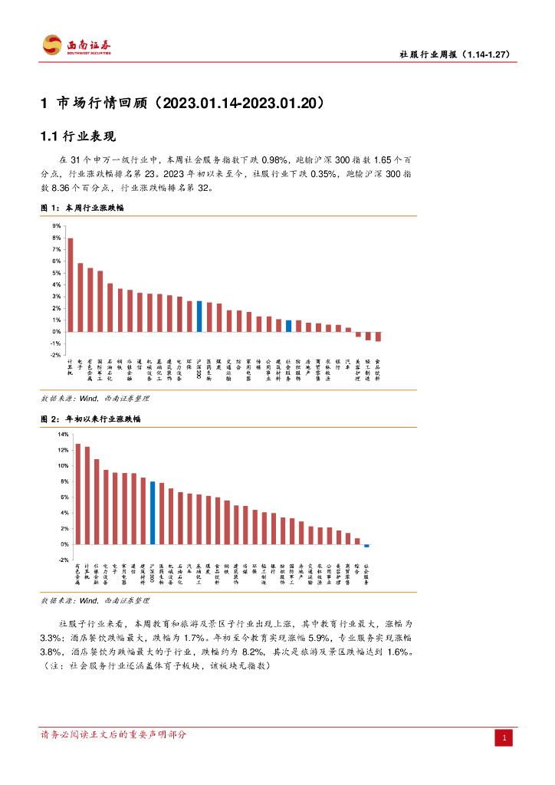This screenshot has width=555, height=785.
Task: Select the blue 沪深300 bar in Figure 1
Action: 199,316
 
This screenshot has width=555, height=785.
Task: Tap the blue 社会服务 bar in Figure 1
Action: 288,326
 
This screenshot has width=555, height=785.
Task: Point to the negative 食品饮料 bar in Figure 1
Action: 378,337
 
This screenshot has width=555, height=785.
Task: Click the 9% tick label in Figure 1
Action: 56,226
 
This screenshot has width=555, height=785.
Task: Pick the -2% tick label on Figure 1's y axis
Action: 55,355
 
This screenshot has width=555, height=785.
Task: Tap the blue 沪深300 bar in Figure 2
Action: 153,513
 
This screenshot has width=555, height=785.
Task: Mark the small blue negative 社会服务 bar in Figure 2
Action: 366,546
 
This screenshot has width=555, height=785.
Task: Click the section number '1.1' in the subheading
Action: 49,137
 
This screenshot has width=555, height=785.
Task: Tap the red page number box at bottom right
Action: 504,738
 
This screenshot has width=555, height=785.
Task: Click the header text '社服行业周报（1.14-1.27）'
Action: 455,54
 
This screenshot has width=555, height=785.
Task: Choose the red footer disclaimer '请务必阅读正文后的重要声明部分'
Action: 113,735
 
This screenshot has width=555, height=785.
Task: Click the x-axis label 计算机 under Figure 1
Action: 71,366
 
